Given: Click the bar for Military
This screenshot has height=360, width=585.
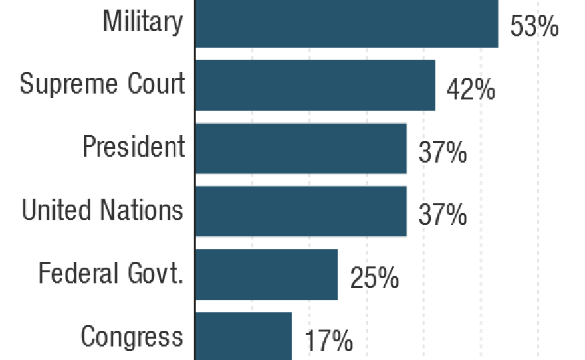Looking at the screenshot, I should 346,23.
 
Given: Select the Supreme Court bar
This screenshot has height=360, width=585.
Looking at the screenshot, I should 314,85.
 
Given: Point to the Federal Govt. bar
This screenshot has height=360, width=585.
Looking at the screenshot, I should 266,274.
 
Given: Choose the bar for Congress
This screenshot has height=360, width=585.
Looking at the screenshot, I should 243,335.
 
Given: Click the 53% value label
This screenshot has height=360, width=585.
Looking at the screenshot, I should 534,28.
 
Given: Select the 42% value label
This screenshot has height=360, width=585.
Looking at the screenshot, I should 471,90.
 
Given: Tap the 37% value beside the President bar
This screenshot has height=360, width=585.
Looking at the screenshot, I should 442,153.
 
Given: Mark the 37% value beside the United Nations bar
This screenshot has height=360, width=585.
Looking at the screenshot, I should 442,216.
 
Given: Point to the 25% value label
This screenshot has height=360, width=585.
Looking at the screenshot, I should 374,279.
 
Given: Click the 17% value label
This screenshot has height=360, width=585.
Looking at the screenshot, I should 328,341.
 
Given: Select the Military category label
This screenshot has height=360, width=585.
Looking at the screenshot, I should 142,22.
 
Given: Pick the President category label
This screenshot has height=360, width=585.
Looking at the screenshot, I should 134,147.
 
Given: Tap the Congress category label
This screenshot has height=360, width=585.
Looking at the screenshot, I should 132,336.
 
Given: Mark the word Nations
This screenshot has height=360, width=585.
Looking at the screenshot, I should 140,210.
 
